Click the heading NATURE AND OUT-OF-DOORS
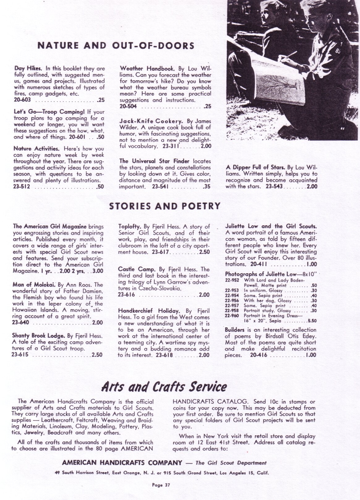click(x=116, y=46)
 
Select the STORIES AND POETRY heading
click(x=165, y=206)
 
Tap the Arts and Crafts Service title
click(x=164, y=386)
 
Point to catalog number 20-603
click(x=22, y=100)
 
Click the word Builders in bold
click(x=235, y=330)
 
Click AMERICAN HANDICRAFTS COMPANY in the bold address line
click(x=122, y=463)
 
